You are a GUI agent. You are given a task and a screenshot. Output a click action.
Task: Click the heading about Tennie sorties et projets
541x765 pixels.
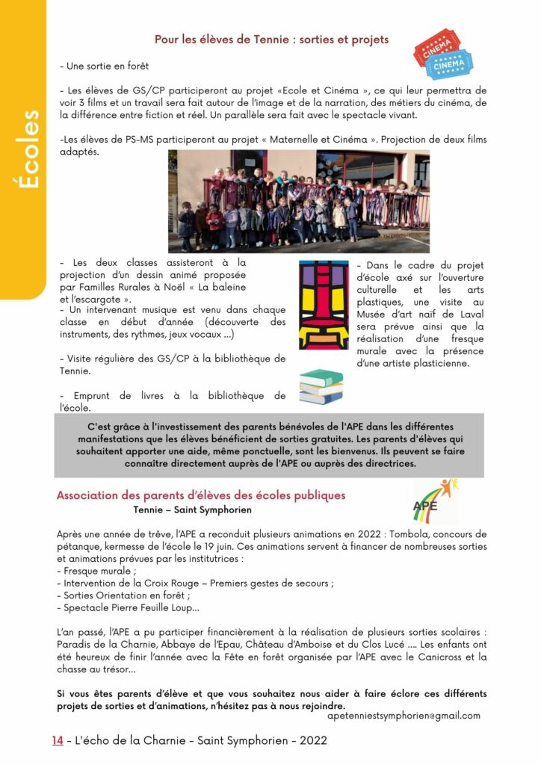pyautogui.click(x=271, y=39)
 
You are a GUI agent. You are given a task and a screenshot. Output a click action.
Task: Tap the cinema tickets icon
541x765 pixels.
pyautogui.click(x=442, y=54)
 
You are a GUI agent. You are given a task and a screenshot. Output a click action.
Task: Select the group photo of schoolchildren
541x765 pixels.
pyautogui.click(x=298, y=201)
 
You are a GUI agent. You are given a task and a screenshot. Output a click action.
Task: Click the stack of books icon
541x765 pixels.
pyautogui.click(x=321, y=387)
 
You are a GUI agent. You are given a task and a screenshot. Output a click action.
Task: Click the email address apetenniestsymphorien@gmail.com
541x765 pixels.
pyautogui.click(x=404, y=715)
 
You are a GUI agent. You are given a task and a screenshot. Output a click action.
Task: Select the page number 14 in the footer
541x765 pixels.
pyautogui.click(x=57, y=740)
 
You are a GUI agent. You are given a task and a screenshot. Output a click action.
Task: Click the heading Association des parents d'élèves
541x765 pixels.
pyautogui.click(x=201, y=495)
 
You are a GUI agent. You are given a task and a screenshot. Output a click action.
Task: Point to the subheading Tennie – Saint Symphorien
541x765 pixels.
pyautogui.click(x=192, y=510)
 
